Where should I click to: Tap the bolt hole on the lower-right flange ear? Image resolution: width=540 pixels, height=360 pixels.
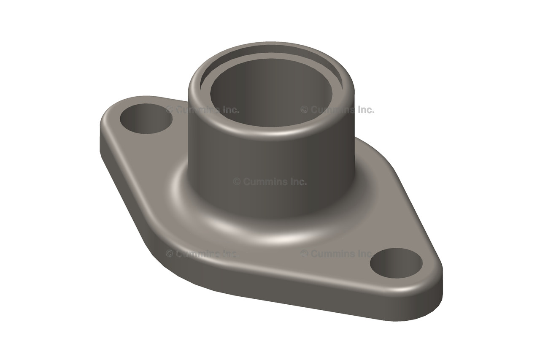[396, 263]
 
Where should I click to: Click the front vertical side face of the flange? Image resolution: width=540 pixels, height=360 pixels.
[295, 291]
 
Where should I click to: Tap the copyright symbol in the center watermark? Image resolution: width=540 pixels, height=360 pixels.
[237, 182]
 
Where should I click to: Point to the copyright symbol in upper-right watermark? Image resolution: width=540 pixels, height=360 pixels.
[304, 110]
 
